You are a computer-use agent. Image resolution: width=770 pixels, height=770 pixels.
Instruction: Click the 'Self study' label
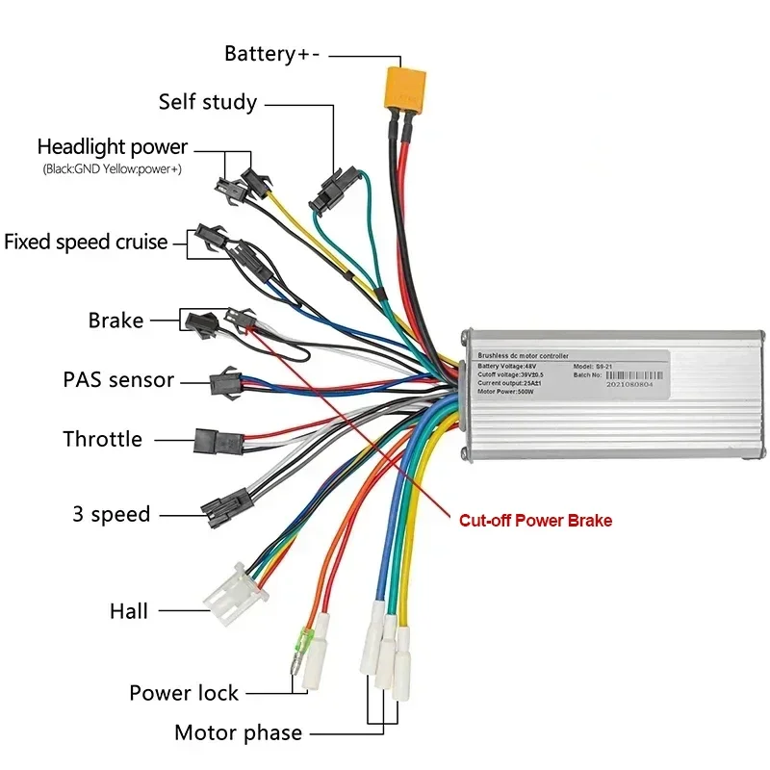click(208, 102)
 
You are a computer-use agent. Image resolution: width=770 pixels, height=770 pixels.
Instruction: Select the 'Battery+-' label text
click(272, 54)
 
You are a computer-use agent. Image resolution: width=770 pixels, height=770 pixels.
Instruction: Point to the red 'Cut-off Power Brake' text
click(534, 521)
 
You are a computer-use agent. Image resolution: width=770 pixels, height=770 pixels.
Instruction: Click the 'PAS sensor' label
click(118, 380)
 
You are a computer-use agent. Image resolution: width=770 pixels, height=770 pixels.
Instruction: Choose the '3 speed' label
click(112, 514)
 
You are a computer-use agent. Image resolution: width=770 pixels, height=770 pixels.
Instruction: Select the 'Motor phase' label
click(238, 732)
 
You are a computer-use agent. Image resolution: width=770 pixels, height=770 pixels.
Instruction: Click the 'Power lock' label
click(184, 692)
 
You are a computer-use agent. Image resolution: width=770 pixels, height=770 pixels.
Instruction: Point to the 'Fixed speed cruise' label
click(86, 242)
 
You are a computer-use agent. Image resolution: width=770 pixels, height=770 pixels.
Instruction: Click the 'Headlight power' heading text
click(113, 147)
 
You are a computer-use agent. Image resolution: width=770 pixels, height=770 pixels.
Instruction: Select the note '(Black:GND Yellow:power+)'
click(112, 169)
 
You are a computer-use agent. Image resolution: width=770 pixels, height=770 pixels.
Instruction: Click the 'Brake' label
click(115, 321)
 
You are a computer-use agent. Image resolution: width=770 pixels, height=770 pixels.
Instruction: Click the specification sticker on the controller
click(568, 373)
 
